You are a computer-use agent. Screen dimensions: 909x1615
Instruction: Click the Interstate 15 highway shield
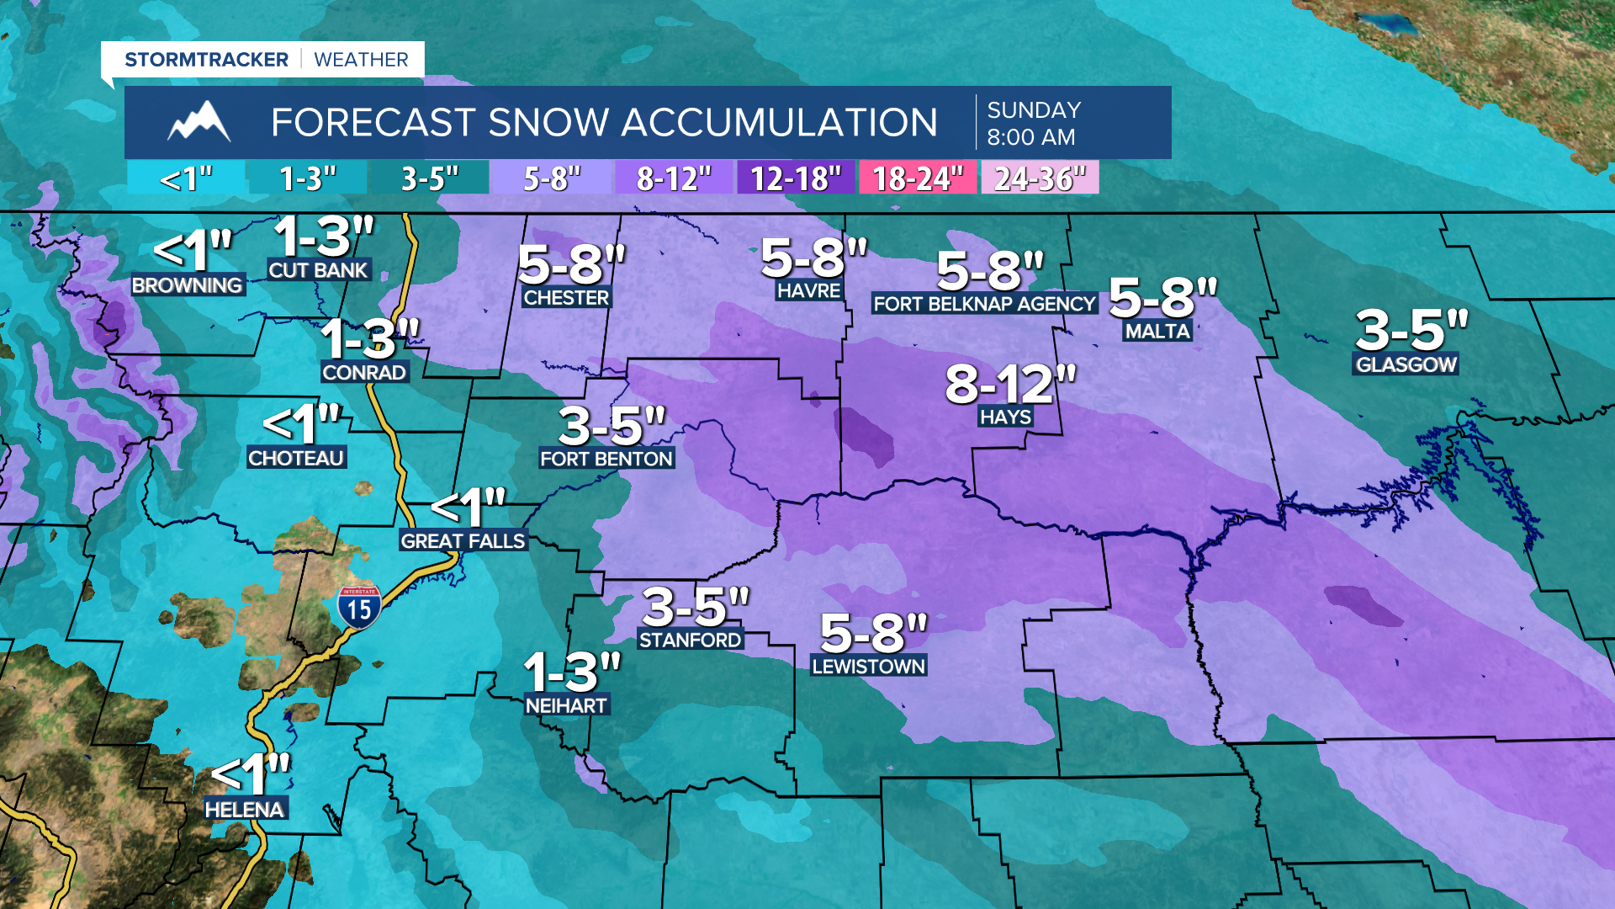point(359,606)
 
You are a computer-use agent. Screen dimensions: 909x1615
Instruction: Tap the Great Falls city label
point(463,541)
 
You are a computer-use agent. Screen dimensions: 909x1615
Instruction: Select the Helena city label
point(245,810)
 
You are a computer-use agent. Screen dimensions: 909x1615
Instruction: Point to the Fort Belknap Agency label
point(984,304)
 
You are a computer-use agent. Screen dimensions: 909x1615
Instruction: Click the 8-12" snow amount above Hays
point(1010,385)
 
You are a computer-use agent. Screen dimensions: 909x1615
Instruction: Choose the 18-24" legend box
point(917,178)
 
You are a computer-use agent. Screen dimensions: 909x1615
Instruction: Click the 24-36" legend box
point(1040,178)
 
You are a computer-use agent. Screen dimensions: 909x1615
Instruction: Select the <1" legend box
point(186,178)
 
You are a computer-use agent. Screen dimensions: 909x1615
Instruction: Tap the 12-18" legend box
point(796,178)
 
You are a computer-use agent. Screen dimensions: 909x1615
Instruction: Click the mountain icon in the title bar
point(199,122)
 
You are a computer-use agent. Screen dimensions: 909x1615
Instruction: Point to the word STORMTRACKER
point(206,60)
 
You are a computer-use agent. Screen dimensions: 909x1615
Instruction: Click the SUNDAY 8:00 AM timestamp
point(1034,123)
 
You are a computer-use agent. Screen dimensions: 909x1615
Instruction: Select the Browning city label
point(188,285)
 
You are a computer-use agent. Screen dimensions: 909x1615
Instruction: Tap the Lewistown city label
point(868,667)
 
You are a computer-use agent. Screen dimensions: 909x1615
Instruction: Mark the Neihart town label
point(566,706)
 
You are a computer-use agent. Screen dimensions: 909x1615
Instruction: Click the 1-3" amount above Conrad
point(369,340)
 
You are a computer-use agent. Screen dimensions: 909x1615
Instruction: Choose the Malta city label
point(1157,332)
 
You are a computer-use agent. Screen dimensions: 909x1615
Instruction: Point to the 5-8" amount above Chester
point(572,264)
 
